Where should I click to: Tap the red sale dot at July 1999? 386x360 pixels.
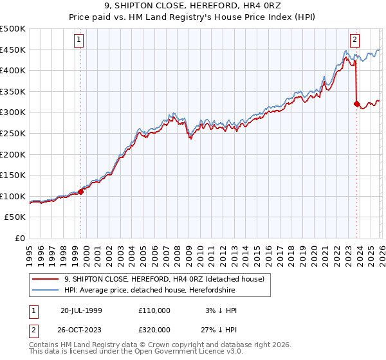click(x=81, y=191)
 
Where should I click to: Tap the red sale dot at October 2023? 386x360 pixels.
click(x=356, y=103)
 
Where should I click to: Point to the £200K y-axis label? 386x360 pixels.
click(x=13, y=154)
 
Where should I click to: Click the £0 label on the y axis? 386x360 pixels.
click(x=19, y=238)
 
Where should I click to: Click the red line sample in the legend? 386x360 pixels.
click(x=46, y=280)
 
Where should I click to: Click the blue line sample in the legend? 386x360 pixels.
click(x=46, y=291)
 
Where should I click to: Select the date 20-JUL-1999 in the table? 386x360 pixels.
click(x=81, y=310)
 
